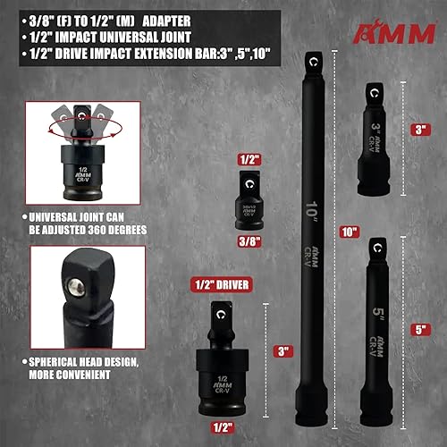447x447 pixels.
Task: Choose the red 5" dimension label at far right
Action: pos(419,328)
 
